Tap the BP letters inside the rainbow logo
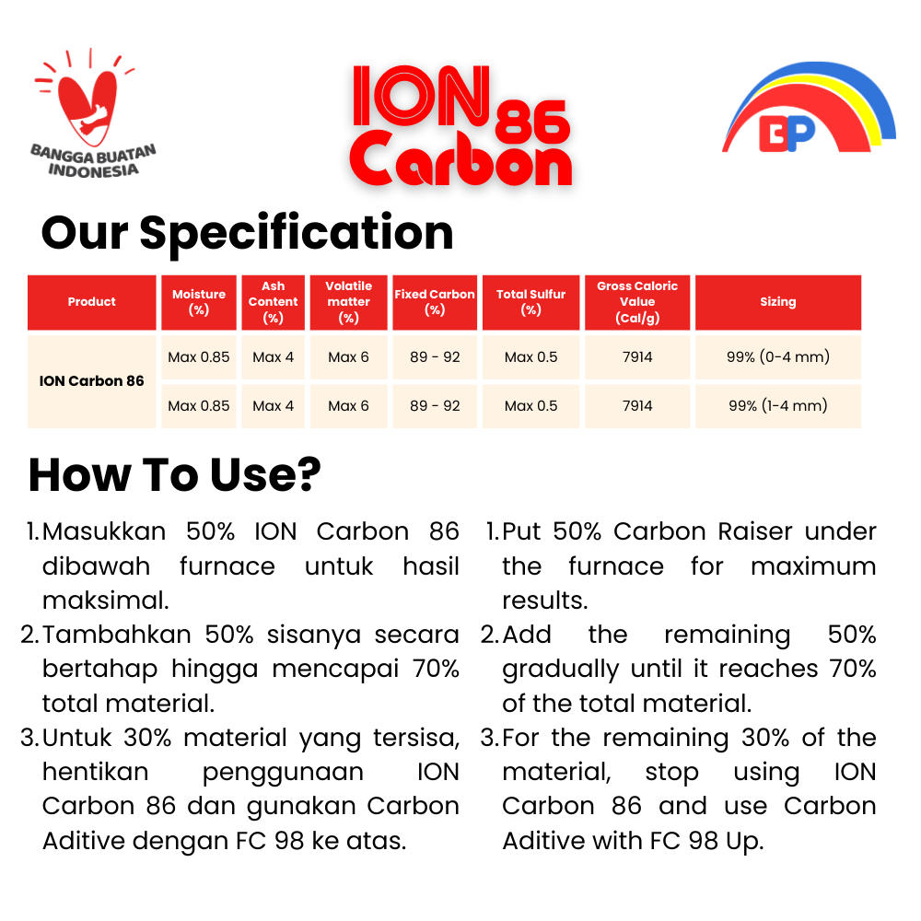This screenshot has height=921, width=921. pyautogui.click(x=787, y=134)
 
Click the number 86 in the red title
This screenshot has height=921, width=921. pyautogui.click(x=532, y=122)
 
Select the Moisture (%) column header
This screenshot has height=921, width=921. pyautogui.click(x=199, y=302)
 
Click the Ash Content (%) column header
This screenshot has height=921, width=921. pyautogui.click(x=274, y=302)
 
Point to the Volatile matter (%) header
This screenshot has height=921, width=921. pyautogui.click(x=348, y=302)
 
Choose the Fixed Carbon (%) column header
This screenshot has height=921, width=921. pyautogui.click(x=435, y=302)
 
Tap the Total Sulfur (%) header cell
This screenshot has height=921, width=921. pyautogui.click(x=531, y=302)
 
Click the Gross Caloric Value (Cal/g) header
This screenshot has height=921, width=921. pyautogui.click(x=637, y=302)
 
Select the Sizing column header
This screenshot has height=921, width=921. pyautogui.click(x=778, y=302)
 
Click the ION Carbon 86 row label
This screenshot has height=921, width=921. pyautogui.click(x=91, y=381)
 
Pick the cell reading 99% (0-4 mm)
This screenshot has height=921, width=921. pyautogui.click(x=778, y=356)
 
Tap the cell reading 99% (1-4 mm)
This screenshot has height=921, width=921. pyautogui.click(x=778, y=405)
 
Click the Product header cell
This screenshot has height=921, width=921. pyautogui.click(x=91, y=302)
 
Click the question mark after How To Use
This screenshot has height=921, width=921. pyautogui.click(x=306, y=474)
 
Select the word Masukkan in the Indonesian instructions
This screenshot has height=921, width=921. pyautogui.click(x=104, y=531)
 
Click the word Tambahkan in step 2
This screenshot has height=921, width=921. pyautogui.click(x=117, y=635)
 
